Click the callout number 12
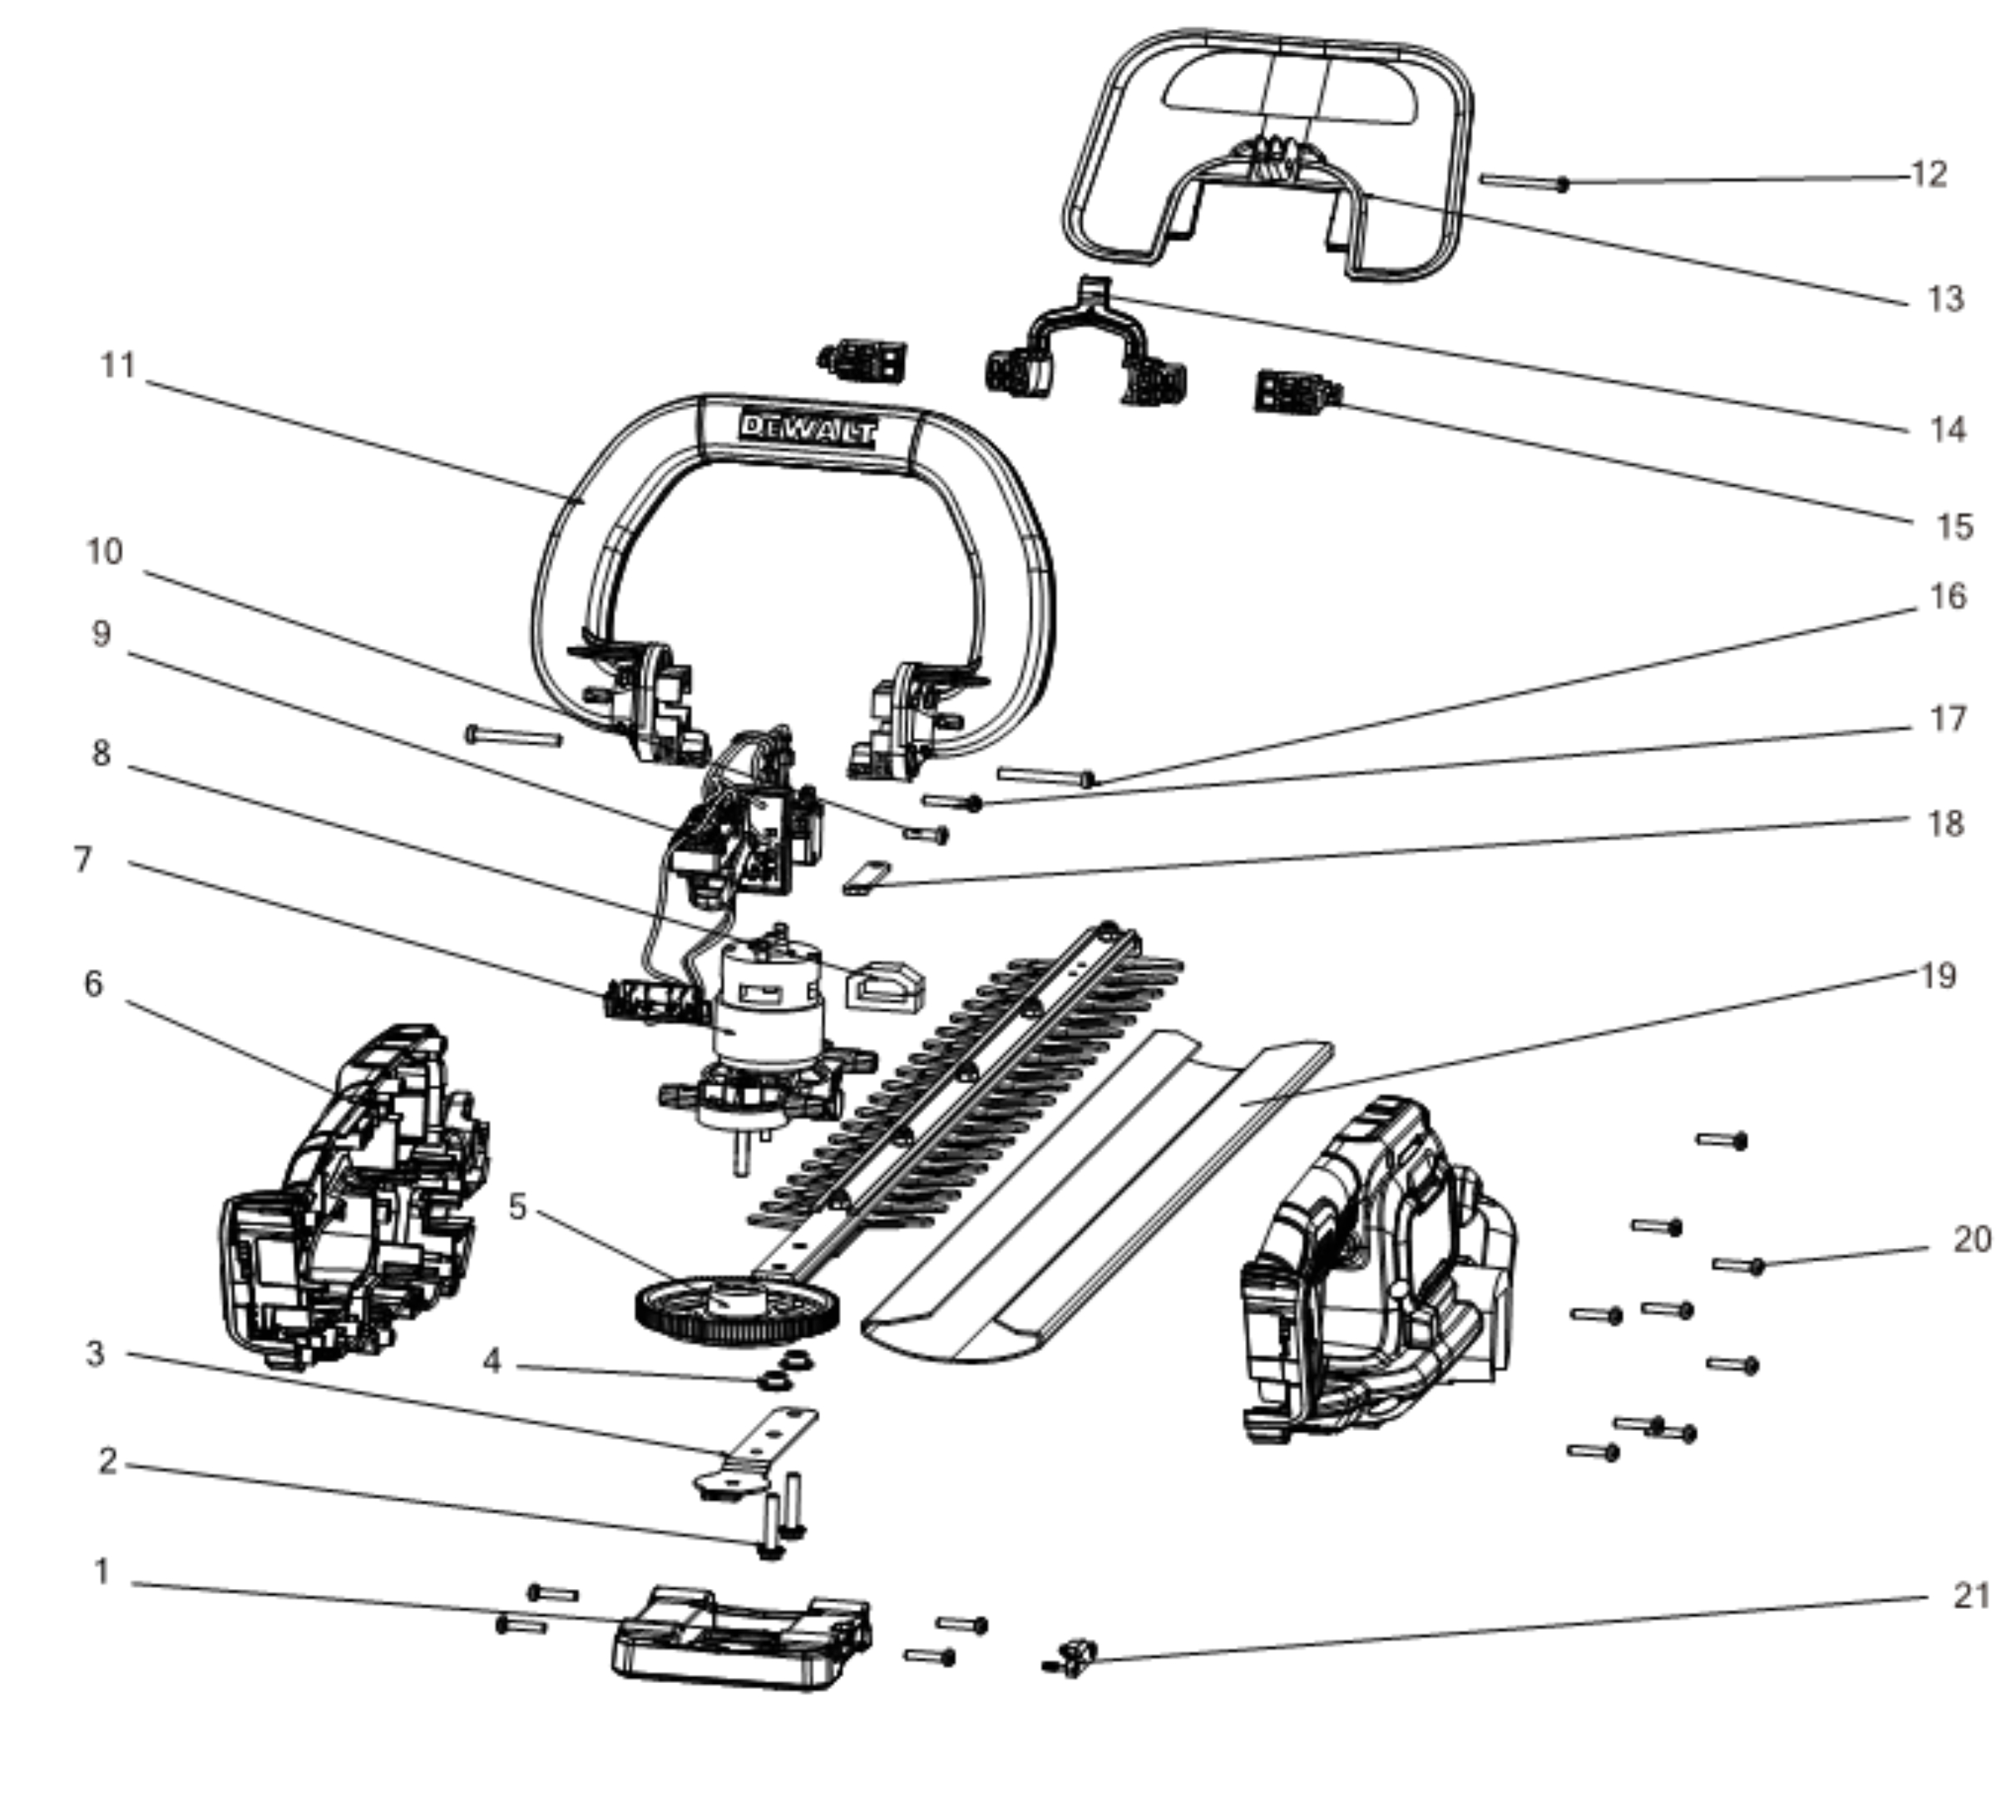tap(1929, 175)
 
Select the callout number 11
tap(118, 365)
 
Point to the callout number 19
tap(1938, 976)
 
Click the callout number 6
tap(93, 984)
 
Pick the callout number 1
tap(101, 1572)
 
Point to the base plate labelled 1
tap(742, 1637)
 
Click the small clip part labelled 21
tap(1072, 1657)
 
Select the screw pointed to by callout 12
tap(1524, 181)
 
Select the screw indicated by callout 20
tap(1738, 1265)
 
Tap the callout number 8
tap(101, 754)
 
